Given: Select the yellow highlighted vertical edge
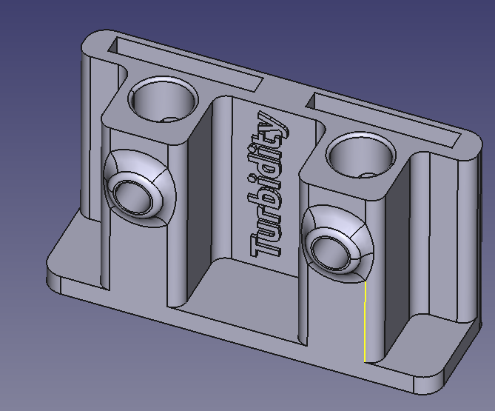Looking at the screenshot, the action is [365, 321].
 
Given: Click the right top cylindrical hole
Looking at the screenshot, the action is [361, 156].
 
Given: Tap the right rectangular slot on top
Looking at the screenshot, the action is [383, 121].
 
